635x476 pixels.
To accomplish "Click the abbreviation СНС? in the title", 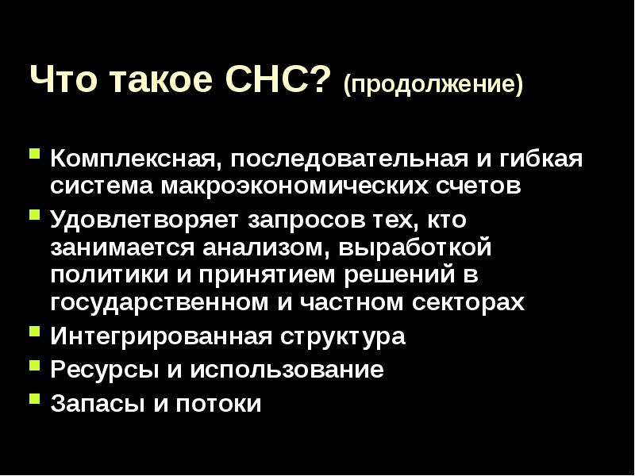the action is (275, 79).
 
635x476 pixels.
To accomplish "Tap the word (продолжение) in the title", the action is (433, 84).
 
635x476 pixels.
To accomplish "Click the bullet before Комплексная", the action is (35, 154).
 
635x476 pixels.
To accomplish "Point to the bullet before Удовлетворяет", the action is (35, 213).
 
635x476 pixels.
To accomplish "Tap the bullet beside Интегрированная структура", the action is (35, 332).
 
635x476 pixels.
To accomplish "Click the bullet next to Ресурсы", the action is (35, 366).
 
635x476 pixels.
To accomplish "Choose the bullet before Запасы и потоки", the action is (35, 399).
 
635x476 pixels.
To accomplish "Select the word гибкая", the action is (541, 158).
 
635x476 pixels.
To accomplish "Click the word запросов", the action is (306, 221).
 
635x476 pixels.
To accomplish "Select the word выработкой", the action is (414, 248).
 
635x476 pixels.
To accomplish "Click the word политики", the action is (110, 274).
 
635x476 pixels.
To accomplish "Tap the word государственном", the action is (160, 303).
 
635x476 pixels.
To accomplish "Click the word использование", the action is (287, 370).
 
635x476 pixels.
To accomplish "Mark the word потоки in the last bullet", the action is (218, 404).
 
